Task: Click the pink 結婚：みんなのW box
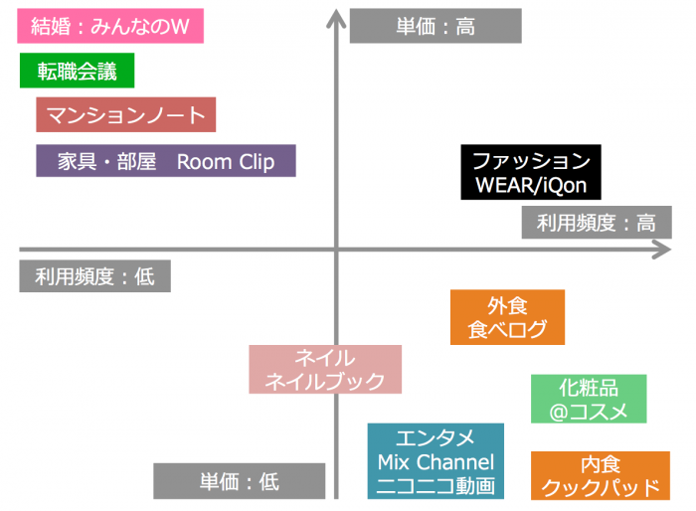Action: [110, 26]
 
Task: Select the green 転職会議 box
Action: [77, 72]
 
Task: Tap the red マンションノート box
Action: [125, 115]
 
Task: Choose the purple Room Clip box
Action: [166, 161]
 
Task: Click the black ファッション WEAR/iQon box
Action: [531, 173]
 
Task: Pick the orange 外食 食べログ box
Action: [507, 317]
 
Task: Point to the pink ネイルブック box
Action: [325, 370]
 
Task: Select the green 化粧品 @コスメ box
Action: [589, 399]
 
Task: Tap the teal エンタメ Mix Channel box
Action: [435, 461]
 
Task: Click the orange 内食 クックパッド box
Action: [600, 475]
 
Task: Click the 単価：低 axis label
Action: [240, 481]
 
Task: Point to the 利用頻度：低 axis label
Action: [94, 275]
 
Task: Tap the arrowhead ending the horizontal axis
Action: [662, 249]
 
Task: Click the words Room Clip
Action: [226, 162]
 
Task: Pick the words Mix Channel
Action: [435, 462]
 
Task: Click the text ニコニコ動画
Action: [435, 486]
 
